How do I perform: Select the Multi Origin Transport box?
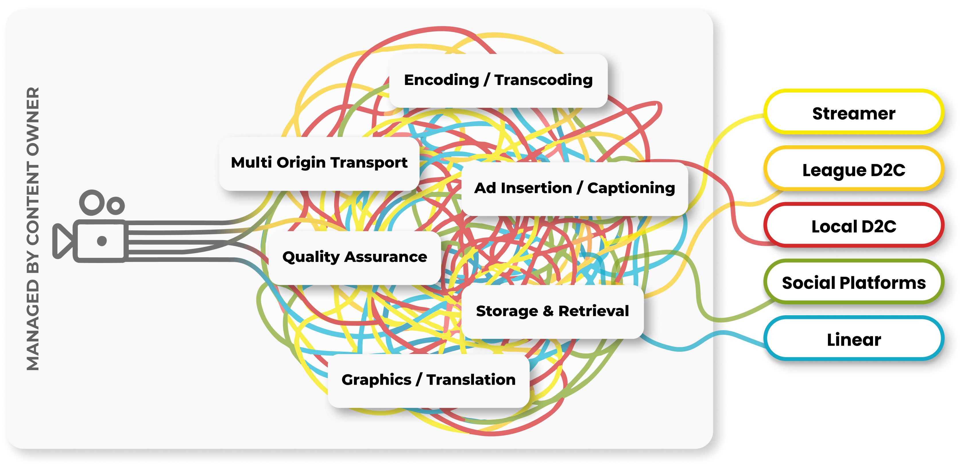coord(319,163)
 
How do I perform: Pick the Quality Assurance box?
coord(355,257)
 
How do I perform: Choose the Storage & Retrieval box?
coord(552,312)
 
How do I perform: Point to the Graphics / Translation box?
coord(428,380)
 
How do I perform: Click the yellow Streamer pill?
coord(854,113)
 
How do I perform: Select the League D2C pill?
coord(854,170)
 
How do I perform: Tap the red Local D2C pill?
coord(854,226)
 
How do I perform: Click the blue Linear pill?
coord(854,339)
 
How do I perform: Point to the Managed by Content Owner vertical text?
coord(33,229)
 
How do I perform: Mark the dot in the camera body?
coord(102,241)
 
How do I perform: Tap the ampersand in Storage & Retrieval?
coord(548,312)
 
